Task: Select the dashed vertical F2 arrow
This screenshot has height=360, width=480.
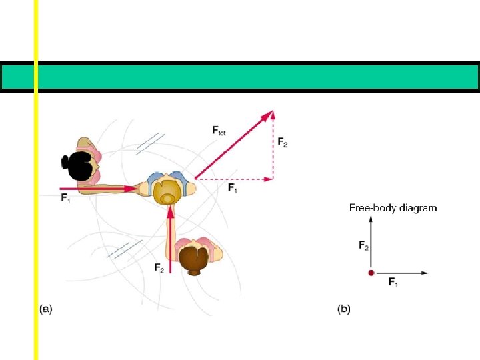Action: point(273,147)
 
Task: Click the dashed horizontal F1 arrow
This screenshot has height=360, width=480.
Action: point(233,179)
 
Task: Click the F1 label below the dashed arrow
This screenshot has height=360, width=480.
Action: point(233,189)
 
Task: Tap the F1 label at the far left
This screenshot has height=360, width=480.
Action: point(65,198)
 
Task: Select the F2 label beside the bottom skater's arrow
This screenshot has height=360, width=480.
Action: point(159,268)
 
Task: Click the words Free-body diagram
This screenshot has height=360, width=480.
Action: point(393,208)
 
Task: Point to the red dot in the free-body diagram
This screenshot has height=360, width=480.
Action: point(371,273)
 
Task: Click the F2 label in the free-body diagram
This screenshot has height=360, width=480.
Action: point(363,246)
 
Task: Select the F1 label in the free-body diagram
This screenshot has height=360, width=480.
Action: point(394,283)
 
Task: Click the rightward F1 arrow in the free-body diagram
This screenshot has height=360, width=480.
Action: point(400,273)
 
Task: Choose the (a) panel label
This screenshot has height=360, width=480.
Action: point(46,309)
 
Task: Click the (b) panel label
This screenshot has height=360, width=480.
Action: point(344,309)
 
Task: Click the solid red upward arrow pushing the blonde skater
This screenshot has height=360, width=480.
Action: point(171,240)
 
